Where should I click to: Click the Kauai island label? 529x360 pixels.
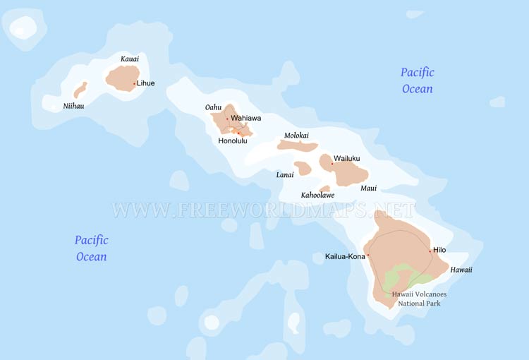130,59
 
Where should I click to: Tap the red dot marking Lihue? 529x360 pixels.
134,83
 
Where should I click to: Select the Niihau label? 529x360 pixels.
73,107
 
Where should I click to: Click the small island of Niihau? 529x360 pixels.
80,90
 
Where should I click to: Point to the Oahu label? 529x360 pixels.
213,107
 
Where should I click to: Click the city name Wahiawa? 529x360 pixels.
245,118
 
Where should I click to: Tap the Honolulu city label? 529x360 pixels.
233,140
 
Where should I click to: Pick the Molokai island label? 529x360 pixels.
296,135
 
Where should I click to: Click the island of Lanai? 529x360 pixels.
303,168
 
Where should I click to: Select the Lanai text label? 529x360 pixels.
285,174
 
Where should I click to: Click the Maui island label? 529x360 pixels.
369,188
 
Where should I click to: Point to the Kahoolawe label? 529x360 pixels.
317,195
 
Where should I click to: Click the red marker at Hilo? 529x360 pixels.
430,251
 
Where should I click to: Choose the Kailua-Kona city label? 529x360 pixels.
345,256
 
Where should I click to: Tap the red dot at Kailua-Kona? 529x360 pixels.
368,256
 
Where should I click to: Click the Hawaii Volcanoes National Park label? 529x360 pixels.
419,299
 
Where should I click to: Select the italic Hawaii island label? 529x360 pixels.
461,270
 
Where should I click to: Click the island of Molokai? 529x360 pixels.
298,145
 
